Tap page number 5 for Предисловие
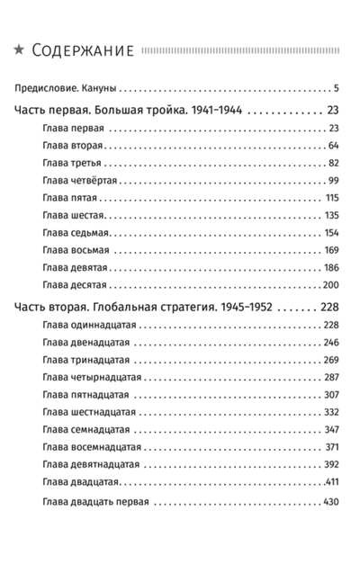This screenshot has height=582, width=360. pos(334,89)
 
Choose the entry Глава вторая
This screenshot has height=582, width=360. pos(73,146)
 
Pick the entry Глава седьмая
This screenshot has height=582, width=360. pos(76,232)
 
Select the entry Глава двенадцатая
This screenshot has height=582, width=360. pos(85,343)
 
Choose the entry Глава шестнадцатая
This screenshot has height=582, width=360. pos(88,412)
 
